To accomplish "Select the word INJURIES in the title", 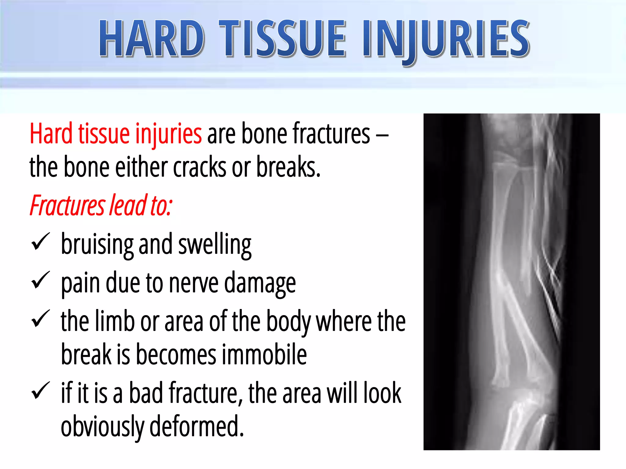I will coord(446,39).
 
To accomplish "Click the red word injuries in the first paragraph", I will coord(168,133).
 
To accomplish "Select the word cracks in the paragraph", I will coord(200,167).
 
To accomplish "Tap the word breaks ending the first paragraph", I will coord(288,167).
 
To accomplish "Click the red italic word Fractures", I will coord(67,205).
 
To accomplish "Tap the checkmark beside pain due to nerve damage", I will coord(40,280).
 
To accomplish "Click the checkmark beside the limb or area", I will coord(40,319).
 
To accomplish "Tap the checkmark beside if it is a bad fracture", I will coord(40,391).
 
